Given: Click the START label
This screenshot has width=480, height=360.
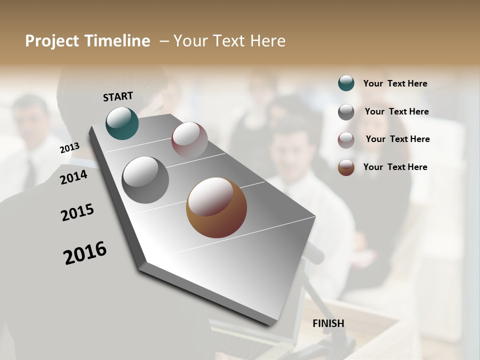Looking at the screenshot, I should click(x=118, y=96).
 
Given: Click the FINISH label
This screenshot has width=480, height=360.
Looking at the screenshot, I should click(x=328, y=323).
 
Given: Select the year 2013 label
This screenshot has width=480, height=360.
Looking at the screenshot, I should click(x=69, y=147).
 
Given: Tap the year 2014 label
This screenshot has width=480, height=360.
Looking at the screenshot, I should click(x=73, y=177).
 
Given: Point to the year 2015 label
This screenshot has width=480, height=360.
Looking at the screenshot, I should click(x=77, y=212).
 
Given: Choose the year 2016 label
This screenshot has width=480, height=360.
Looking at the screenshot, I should click(x=85, y=252).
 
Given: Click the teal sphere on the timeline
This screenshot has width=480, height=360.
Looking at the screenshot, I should click(x=122, y=123).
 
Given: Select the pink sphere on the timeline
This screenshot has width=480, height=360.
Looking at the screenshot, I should click(x=189, y=139).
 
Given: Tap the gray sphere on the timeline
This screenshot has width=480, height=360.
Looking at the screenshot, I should click(x=145, y=179).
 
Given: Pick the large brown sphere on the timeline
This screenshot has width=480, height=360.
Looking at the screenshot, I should click(x=216, y=207).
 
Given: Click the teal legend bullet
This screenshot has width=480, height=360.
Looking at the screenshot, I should click(x=346, y=83).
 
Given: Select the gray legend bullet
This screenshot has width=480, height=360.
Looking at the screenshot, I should click(x=346, y=112).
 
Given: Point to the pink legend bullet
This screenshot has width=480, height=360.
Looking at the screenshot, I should click(x=346, y=139).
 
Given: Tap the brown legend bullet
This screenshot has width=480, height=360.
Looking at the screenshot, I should click(x=346, y=167).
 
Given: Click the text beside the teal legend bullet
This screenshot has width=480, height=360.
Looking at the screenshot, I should click(x=395, y=83).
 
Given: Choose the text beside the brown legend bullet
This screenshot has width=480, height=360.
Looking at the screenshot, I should click(x=395, y=167).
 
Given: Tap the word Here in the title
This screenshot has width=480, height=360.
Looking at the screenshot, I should click(x=267, y=41).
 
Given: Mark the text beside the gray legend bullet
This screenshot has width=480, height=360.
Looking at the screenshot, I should click(x=396, y=111).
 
